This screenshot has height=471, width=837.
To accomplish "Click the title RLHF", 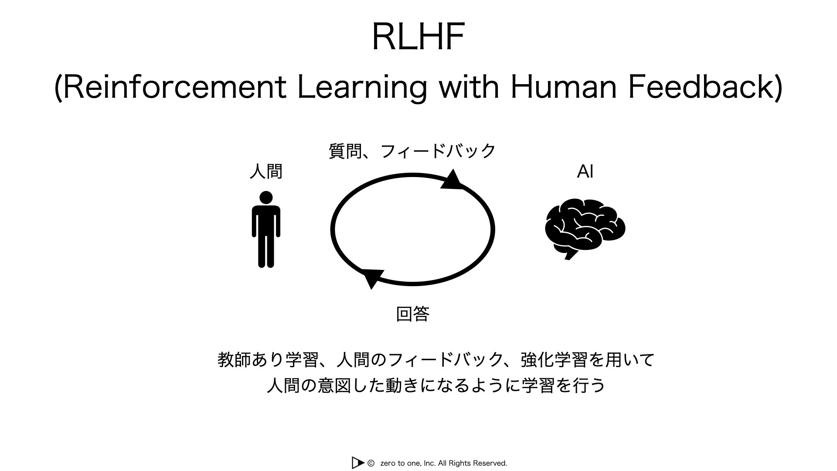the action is click(x=418, y=37).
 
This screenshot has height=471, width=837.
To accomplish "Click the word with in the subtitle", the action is click(x=469, y=87).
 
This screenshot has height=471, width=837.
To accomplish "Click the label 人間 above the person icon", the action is click(x=266, y=171).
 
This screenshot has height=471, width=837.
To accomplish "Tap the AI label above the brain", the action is click(x=585, y=172).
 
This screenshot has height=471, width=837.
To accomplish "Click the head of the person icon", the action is click(x=266, y=198).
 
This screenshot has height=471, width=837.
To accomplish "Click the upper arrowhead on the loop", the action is click(x=453, y=180).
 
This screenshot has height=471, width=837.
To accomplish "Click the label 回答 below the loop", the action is click(x=413, y=314).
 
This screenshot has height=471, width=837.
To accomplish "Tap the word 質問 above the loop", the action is click(x=345, y=151).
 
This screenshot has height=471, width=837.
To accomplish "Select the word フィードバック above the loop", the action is click(x=438, y=151).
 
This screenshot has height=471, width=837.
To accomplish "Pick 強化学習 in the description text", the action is click(x=554, y=360).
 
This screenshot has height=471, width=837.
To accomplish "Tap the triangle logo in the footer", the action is click(x=357, y=463).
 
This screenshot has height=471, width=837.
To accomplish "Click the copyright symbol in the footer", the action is click(x=371, y=463).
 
